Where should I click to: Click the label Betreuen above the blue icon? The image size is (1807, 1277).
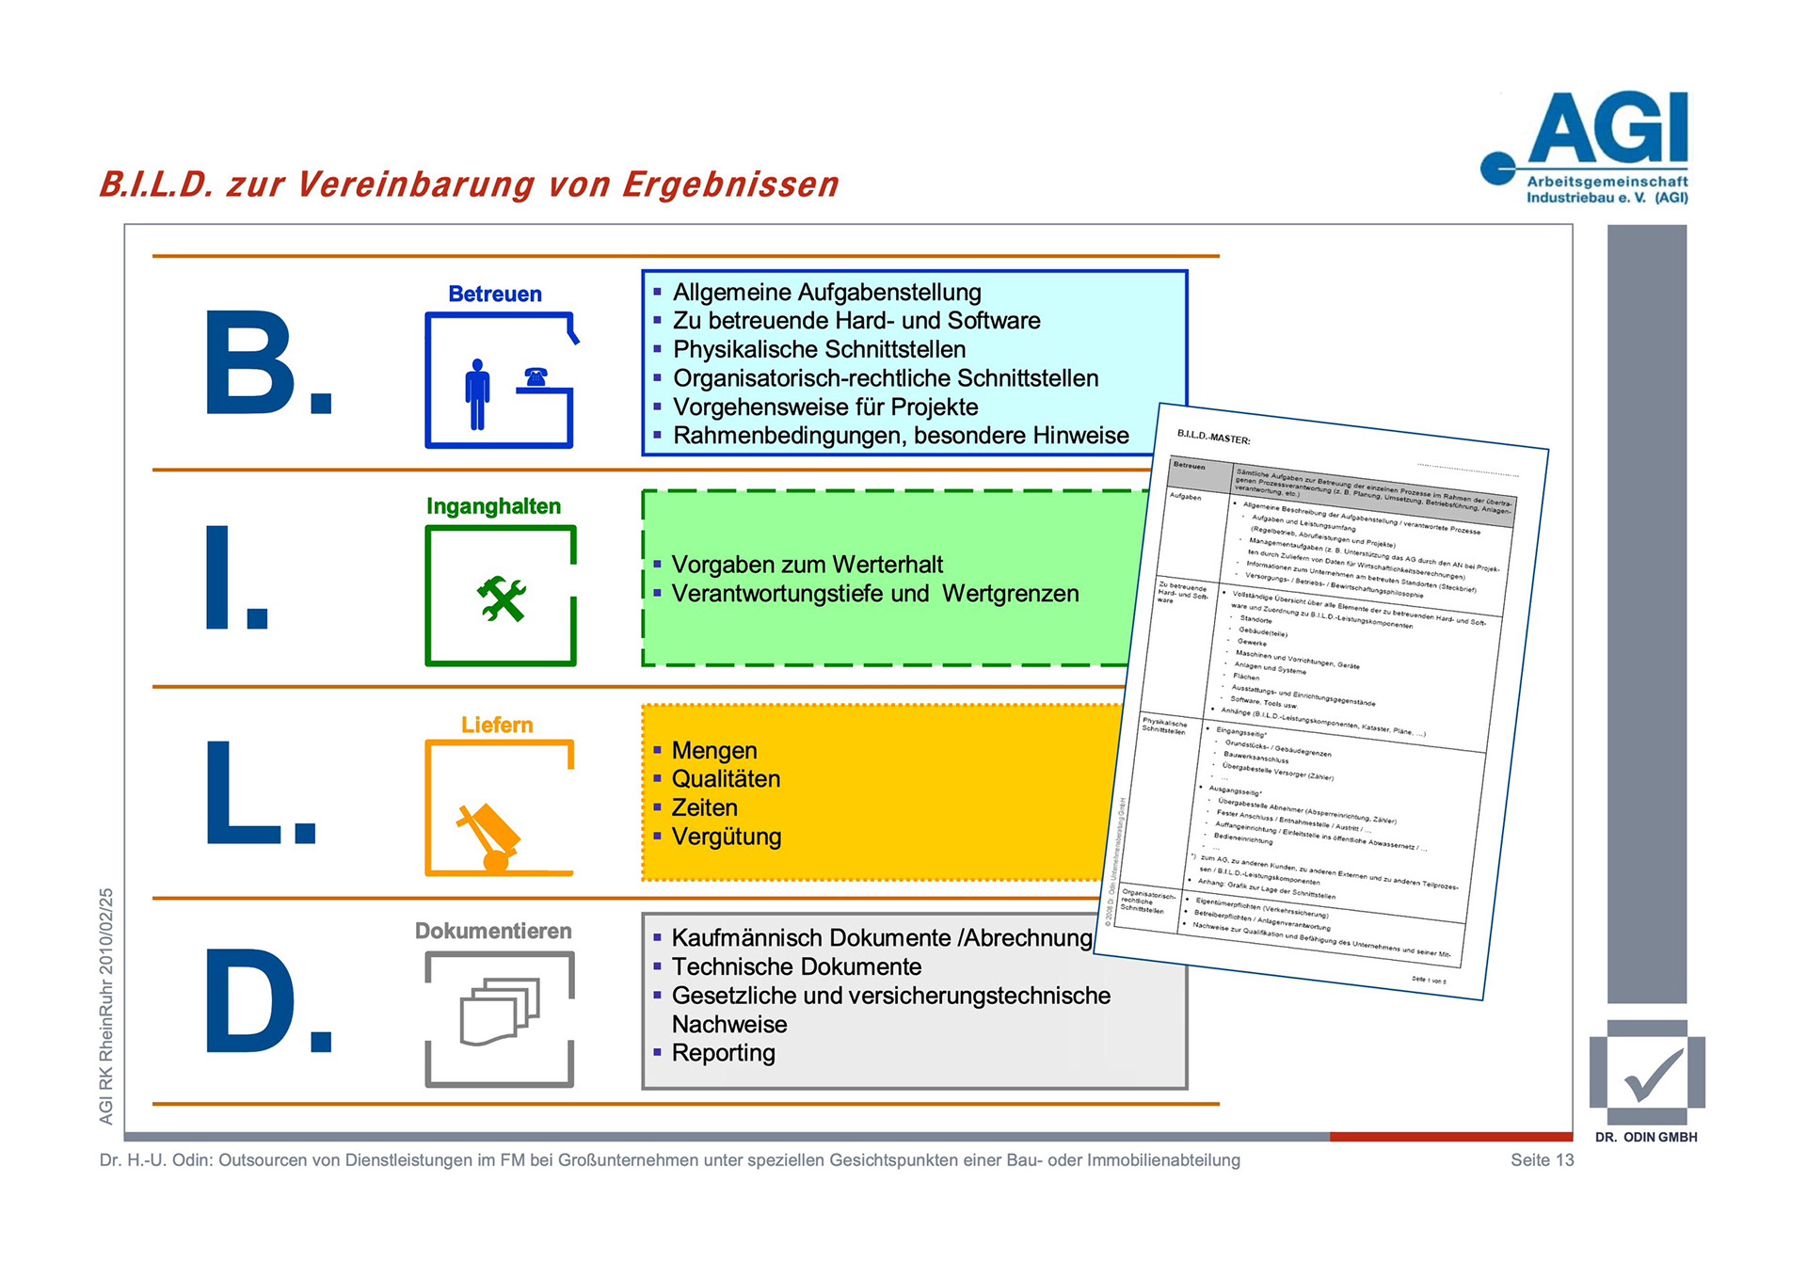[495, 295]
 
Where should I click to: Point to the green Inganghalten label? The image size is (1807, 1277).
[493, 506]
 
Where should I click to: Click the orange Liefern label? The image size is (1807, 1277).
[497, 725]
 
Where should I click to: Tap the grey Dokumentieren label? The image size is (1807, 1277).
[493, 931]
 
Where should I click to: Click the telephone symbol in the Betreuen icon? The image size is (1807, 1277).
[536, 377]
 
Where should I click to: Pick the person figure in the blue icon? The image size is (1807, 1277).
[478, 394]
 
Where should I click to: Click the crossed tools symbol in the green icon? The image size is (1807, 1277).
[501, 599]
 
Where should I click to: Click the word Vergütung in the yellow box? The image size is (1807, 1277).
[726, 837]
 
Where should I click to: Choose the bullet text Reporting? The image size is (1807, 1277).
[723, 1053]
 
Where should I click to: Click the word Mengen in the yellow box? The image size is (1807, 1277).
[713, 751]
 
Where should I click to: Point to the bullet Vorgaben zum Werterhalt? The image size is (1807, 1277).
[807, 565]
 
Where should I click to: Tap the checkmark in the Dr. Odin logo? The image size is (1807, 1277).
[1652, 1075]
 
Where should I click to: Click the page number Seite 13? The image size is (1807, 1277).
[1542, 1160]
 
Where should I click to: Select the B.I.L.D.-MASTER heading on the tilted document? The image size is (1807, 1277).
[1213, 438]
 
